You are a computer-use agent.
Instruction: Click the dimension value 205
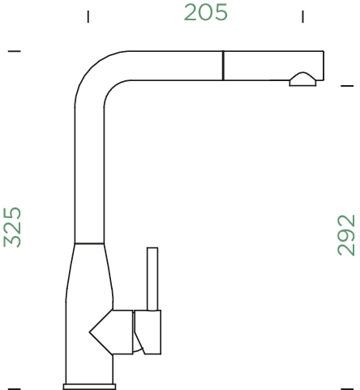click(x=205, y=13)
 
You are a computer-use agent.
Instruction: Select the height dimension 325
click(x=13, y=226)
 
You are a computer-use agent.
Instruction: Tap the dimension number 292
click(x=346, y=234)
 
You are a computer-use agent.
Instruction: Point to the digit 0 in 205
click(x=205, y=13)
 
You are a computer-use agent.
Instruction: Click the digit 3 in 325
click(x=13, y=239)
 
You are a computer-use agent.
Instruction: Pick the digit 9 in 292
click(x=346, y=234)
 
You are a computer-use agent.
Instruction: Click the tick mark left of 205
click(x=88, y=15)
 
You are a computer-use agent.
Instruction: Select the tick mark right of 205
click(x=302, y=15)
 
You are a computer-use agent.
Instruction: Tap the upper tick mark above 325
click(x=14, y=52)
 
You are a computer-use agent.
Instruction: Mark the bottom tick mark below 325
click(x=14, y=380)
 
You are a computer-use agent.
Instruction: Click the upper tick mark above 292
click(x=347, y=84)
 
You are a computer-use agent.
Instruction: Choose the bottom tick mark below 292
click(x=347, y=380)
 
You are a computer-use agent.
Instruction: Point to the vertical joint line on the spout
click(x=221, y=65)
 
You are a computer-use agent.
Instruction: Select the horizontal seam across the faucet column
click(x=89, y=243)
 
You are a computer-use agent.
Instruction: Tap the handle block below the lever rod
click(x=151, y=332)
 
